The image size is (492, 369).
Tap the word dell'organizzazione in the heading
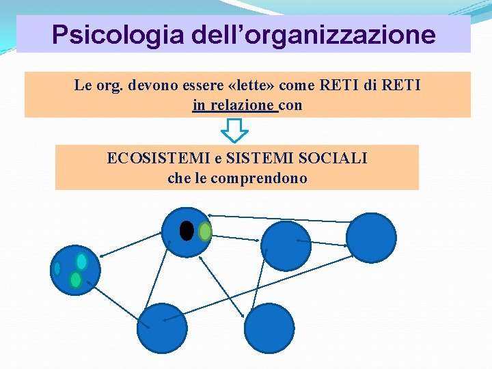point(309,34)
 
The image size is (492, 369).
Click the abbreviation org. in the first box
point(102,85)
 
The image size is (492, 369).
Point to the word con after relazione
point(290,105)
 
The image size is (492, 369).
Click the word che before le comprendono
point(180,178)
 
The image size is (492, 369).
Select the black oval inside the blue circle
point(186,231)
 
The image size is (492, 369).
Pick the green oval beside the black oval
point(204,232)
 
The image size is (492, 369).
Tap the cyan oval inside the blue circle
point(81,262)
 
